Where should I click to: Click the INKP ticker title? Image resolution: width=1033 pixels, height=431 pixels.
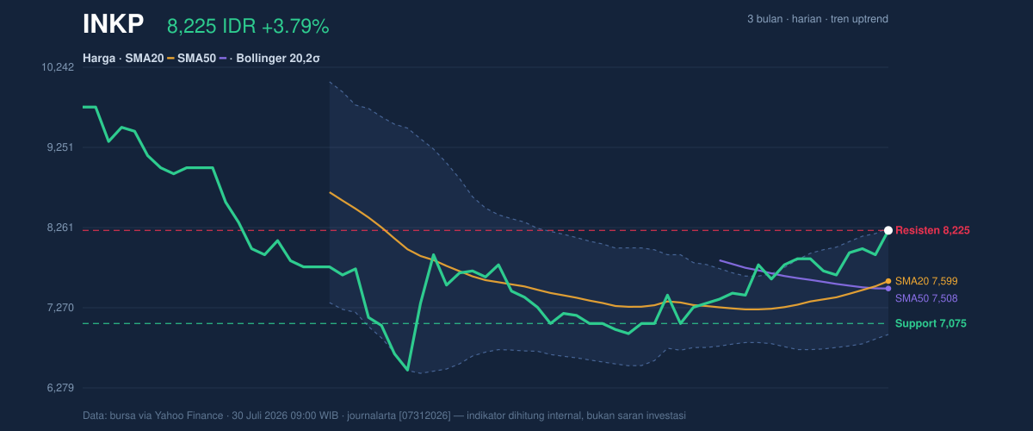point(113,24)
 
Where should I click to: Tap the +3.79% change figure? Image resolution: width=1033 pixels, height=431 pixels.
point(295,27)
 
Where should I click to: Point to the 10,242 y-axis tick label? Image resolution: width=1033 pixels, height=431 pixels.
point(58,67)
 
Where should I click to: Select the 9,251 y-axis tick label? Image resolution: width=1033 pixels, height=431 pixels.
point(60,147)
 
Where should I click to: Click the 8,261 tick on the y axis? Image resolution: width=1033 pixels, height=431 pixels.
point(60,228)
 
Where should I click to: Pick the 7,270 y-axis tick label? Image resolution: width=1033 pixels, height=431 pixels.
point(60,308)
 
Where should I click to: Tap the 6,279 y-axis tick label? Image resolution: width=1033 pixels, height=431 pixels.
point(60,388)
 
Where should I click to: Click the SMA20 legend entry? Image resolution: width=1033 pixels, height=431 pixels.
point(150,59)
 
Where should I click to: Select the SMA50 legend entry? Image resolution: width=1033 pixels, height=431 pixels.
point(202,59)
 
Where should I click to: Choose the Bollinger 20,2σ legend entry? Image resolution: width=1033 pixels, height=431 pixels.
point(277,59)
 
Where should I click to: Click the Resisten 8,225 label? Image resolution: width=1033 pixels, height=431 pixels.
point(932,230)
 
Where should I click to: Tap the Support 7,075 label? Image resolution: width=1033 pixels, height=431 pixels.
point(931,323)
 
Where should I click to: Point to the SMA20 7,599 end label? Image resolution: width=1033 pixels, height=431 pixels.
point(926,281)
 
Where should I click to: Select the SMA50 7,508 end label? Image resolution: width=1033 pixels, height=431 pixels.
point(926,298)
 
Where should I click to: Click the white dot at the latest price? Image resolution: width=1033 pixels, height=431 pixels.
point(888,230)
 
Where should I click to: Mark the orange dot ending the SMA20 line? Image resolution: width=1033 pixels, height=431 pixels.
point(888,281)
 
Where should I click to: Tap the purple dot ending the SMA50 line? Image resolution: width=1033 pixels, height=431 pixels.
point(888,289)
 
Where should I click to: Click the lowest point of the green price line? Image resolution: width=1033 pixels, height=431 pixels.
point(408,370)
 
